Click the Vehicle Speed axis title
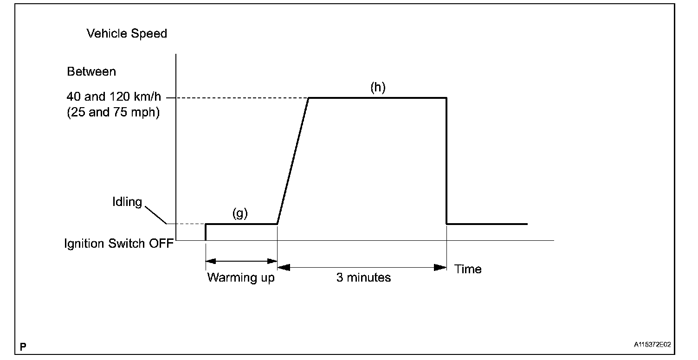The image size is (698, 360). (127, 34)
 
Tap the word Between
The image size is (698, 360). (91, 72)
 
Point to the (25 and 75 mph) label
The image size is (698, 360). (113, 113)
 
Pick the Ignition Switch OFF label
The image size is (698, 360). (119, 244)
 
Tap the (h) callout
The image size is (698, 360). (378, 88)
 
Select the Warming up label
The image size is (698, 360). (241, 278)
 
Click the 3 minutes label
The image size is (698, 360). (364, 278)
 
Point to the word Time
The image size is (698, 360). (468, 269)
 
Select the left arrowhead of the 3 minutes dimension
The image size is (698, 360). (284, 267)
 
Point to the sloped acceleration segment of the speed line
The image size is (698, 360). (293, 161)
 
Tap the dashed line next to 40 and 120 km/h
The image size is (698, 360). (237, 98)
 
